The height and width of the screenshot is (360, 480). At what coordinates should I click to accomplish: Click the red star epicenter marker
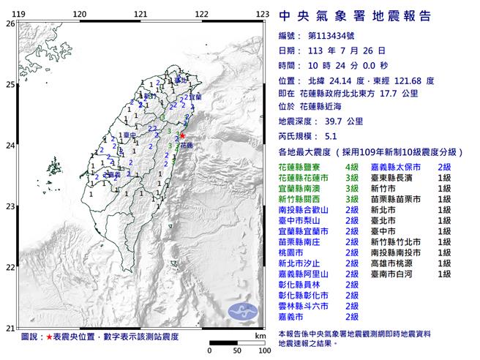[182, 135]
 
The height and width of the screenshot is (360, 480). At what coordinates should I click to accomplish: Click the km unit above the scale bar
[261, 334]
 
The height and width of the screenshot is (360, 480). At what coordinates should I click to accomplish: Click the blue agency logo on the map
[244, 311]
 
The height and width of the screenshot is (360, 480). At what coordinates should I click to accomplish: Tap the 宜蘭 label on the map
[196, 97]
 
